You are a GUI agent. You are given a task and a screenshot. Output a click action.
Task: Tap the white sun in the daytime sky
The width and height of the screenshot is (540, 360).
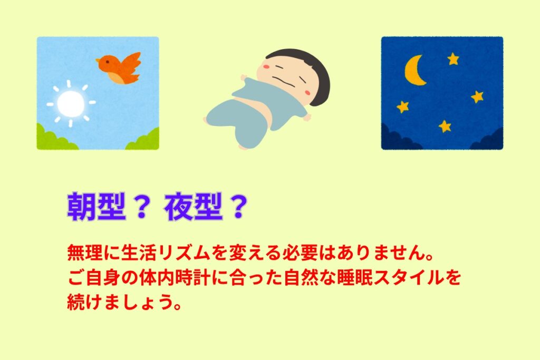coord(71,103)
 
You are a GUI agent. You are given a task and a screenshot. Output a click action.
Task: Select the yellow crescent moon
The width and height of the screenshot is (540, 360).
coord(414,70)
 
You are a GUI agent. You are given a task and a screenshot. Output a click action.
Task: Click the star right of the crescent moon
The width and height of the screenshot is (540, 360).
coord(453,59)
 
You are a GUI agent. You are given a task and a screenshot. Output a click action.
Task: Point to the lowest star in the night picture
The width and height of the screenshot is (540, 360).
coord(445,127)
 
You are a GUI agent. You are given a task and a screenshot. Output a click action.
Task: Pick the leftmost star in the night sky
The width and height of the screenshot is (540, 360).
coord(403,106)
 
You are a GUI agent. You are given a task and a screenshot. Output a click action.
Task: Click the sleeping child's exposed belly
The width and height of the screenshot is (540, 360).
coord(275,117)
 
